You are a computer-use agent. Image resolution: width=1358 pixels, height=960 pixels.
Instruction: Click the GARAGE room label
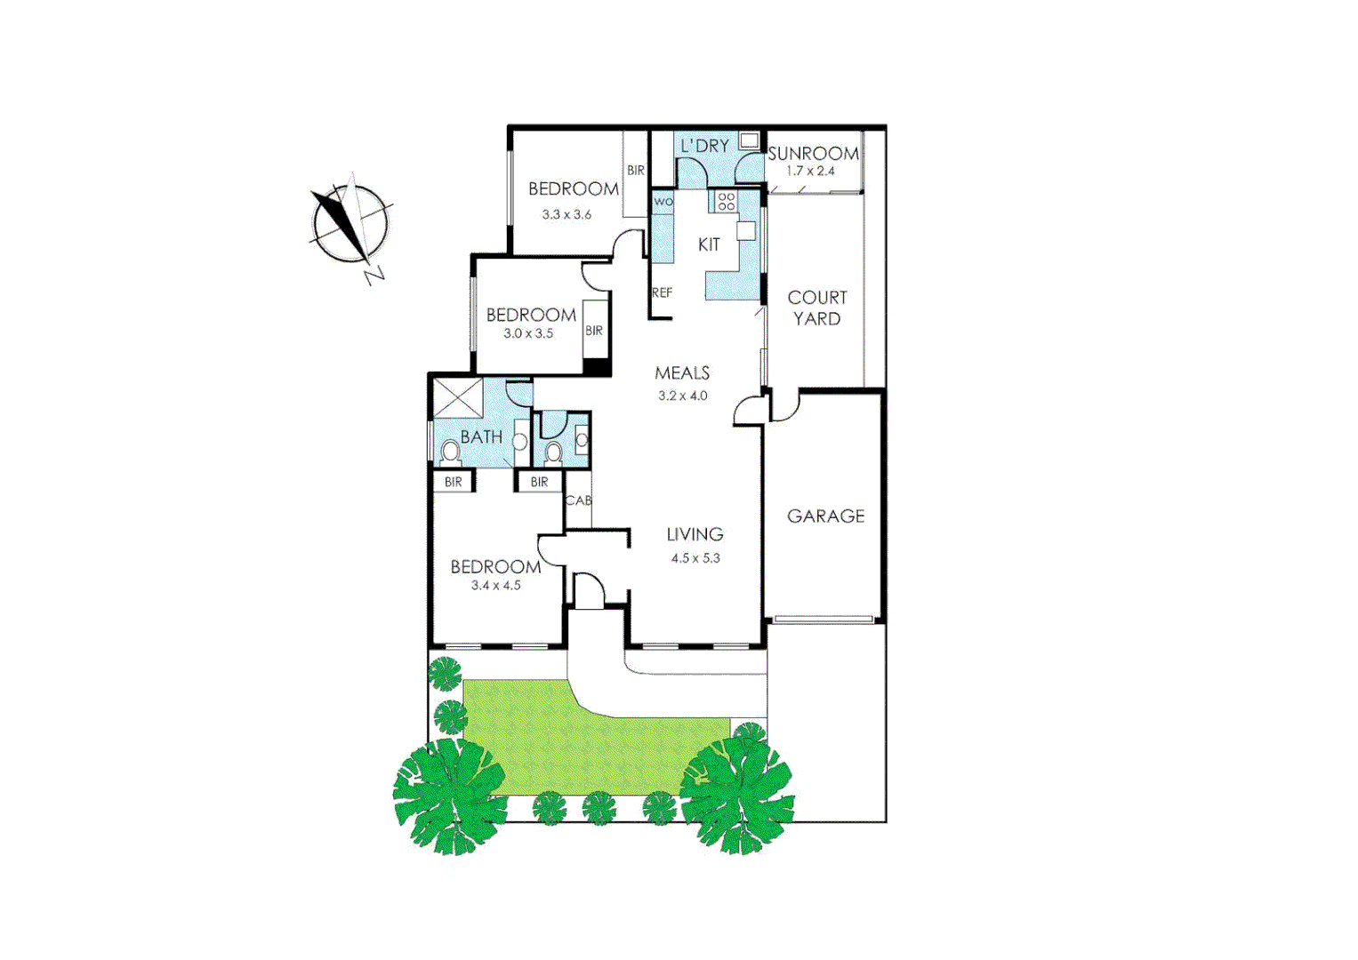825,516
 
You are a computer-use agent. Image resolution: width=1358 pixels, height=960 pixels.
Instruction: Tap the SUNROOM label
813,154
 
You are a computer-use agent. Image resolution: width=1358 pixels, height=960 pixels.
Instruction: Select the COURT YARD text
817,308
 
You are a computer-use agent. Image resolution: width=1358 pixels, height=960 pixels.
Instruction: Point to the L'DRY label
704,146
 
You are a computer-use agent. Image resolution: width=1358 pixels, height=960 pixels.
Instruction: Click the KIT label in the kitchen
709,244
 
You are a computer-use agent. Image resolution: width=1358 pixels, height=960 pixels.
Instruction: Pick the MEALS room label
682,373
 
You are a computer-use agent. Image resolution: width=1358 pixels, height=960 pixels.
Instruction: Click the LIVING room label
695,534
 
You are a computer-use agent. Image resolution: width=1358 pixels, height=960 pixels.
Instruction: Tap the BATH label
481,437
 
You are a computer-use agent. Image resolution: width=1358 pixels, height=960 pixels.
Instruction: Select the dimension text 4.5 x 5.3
695,558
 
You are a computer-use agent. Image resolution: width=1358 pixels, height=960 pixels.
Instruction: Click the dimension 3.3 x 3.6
567,214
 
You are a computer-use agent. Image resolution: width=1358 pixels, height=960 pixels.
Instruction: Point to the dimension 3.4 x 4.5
496,585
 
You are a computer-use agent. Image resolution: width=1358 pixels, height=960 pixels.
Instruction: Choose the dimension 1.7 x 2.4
810,171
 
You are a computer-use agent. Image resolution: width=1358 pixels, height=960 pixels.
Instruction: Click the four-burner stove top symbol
727,202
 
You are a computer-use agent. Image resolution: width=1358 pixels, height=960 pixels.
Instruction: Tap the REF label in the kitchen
662,292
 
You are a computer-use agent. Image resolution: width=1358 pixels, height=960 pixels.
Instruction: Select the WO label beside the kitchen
663,202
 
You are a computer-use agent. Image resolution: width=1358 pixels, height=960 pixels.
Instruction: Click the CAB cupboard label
578,500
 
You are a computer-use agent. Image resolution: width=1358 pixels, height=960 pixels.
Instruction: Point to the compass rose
350,222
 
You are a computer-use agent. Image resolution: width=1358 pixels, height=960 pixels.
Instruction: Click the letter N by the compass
374,275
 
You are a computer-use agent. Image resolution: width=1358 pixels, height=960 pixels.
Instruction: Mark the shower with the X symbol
458,397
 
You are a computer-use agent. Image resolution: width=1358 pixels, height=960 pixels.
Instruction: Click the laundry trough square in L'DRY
749,140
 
